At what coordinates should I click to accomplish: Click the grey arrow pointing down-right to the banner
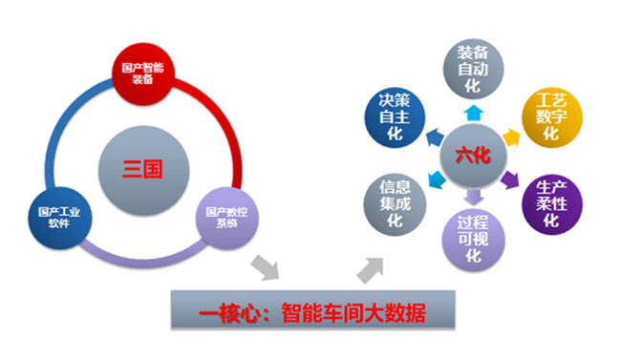coord(267,267)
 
